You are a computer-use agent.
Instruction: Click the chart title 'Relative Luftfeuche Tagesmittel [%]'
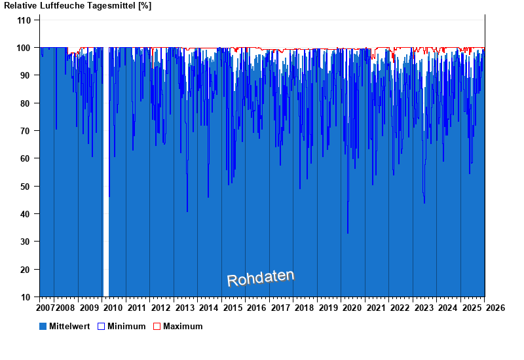[x=78, y=6]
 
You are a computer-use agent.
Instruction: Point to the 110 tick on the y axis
[x=24, y=20]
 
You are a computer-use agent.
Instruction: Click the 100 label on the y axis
[x=24, y=48]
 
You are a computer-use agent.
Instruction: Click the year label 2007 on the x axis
[x=46, y=308]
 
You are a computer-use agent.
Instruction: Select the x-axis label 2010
[x=112, y=308]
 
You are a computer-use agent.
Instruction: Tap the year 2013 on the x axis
[x=185, y=308]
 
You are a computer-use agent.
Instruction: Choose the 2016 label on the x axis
[x=256, y=308]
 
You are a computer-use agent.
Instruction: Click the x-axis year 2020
[x=352, y=308]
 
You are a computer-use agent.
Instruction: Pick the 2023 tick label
[x=424, y=308]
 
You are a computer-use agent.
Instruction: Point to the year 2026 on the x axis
[x=495, y=308]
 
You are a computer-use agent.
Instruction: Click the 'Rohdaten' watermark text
[x=261, y=279]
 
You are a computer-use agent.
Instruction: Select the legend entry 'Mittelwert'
[x=69, y=326]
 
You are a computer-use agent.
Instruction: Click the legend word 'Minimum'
[x=126, y=326]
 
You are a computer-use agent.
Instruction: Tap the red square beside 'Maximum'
[x=157, y=326]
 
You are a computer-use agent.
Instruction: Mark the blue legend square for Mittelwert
[x=43, y=326]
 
